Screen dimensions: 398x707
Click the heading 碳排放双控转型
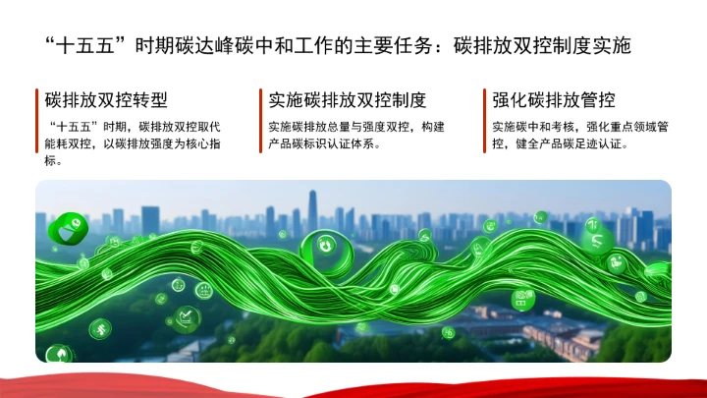106,100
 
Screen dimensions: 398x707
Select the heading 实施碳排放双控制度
348,100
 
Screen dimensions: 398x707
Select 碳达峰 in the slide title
213,45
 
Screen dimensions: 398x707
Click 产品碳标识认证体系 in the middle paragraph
324,143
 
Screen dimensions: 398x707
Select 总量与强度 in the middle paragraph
360,127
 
